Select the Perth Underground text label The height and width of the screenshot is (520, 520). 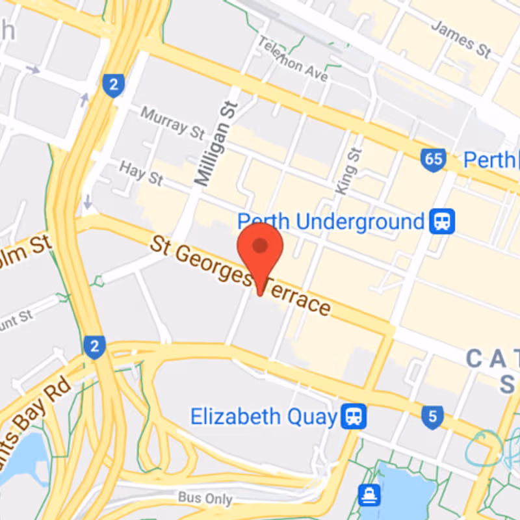pos(330,222)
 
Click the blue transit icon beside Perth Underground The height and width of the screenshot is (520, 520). pos(442,222)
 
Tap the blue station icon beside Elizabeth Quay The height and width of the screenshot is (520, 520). pos(355,416)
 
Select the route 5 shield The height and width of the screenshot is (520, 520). pos(432,416)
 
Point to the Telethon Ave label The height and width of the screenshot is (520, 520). pos(292,59)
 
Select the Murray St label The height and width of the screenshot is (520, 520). pos(172,122)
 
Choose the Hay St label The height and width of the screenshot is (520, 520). pos(141,172)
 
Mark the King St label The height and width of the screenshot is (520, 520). pos(348,170)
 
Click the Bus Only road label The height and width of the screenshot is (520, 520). pos(205,499)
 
